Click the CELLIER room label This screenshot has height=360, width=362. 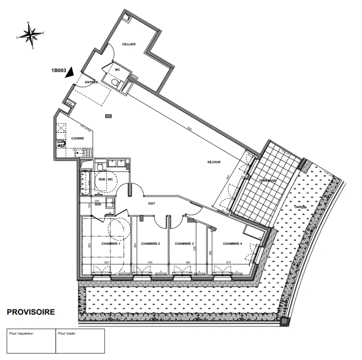129,44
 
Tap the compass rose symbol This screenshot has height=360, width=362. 31,35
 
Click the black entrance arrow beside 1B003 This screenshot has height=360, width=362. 69,72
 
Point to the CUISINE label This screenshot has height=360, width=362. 77,138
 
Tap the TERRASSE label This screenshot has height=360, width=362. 267,180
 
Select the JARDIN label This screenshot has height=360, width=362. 300,207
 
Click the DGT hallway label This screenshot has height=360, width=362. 152,203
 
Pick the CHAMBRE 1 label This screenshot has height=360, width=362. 111,244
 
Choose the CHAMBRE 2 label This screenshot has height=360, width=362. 151,244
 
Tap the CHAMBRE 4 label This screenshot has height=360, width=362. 232,244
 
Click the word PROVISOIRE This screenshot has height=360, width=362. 31,312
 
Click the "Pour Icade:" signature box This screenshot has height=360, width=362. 80,341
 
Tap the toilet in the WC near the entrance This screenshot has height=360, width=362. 114,82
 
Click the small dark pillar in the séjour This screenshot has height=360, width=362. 108,116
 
